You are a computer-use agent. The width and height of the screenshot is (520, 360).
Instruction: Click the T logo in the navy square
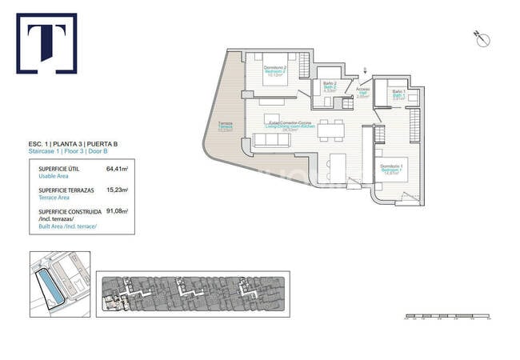[46, 43]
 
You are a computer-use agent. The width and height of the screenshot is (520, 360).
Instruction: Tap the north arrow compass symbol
[481, 38]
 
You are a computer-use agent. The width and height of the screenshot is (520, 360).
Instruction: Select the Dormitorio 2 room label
[275, 69]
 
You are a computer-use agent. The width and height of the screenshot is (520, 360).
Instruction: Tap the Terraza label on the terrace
[226, 126]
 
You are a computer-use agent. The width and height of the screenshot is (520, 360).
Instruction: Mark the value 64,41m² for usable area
[117, 169]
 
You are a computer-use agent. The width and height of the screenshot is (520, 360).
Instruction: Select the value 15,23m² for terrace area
[117, 190]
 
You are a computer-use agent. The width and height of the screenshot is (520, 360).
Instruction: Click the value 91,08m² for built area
[117, 212]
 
